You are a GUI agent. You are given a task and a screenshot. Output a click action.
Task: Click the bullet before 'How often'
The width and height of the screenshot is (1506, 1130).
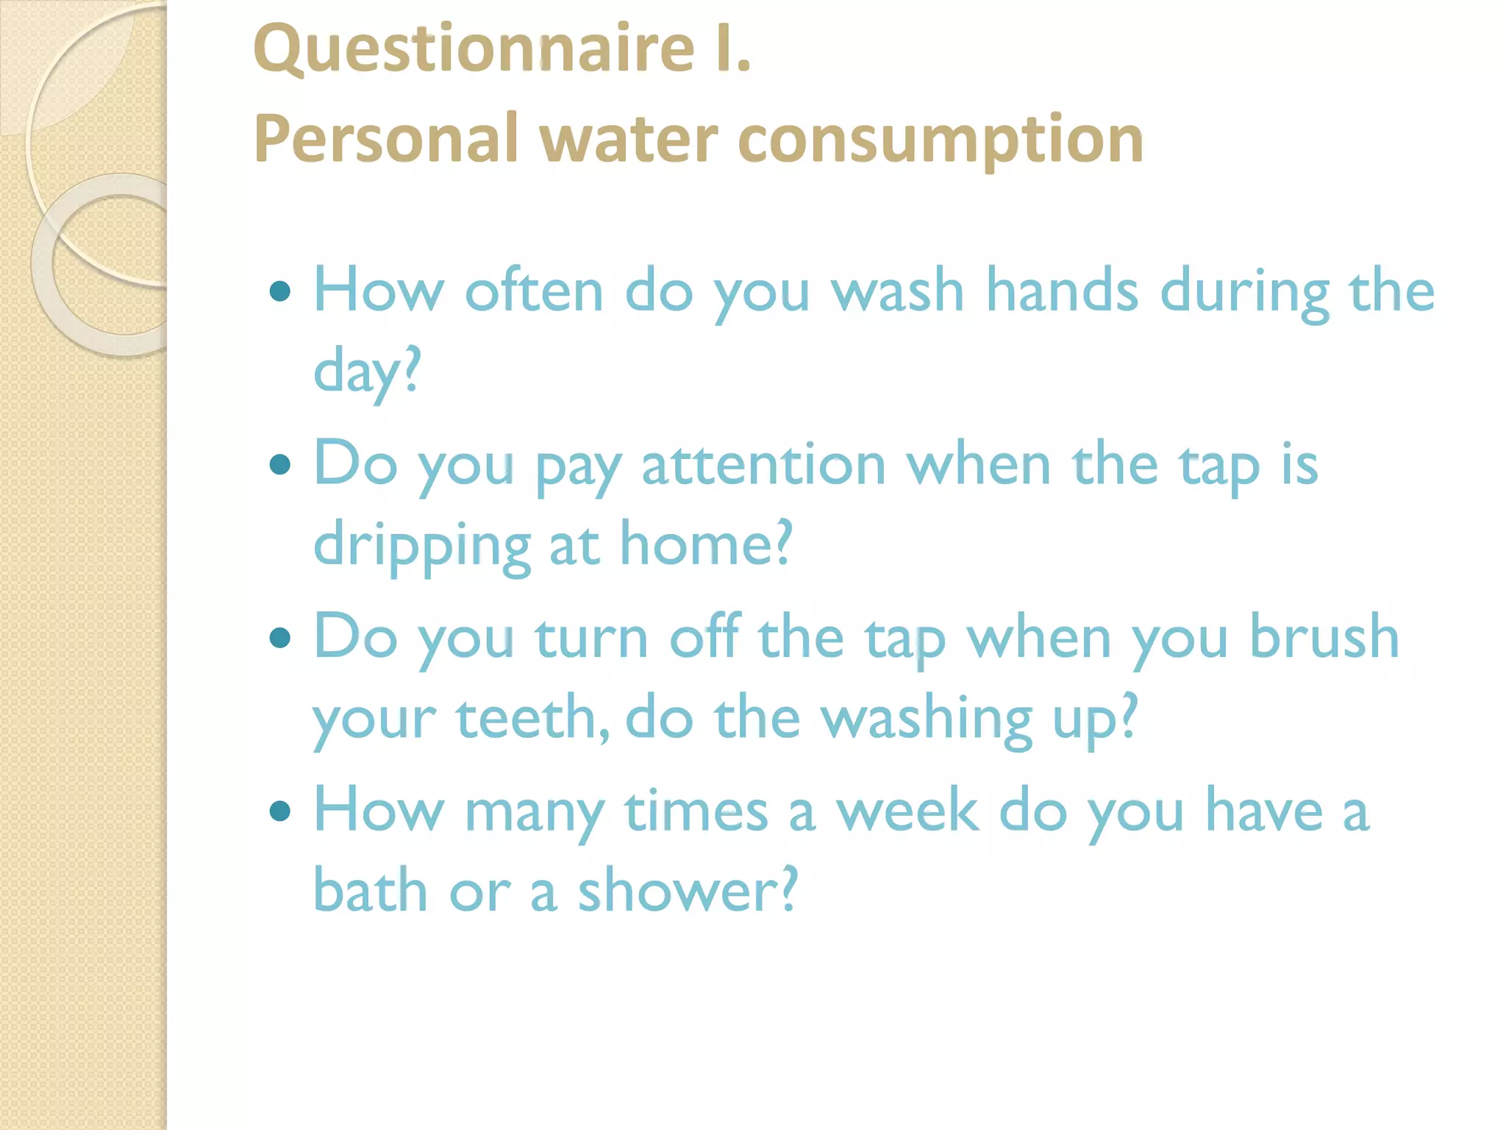[x=280, y=292]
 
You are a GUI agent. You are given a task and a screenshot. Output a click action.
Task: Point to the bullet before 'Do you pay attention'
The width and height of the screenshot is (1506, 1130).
[x=280, y=465]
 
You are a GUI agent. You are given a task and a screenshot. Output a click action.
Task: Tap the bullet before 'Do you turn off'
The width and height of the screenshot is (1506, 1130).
[x=280, y=638]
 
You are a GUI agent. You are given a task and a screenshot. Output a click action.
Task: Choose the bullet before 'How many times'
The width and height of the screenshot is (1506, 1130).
[x=280, y=811]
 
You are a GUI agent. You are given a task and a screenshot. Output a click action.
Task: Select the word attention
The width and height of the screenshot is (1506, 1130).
[x=763, y=465]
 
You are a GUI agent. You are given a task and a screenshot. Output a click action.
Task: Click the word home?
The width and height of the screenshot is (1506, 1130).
[x=706, y=544]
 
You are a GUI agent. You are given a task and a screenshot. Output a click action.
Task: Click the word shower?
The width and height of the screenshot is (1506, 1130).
[x=687, y=891]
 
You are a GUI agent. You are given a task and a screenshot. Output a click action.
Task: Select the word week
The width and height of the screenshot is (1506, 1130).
[x=907, y=811]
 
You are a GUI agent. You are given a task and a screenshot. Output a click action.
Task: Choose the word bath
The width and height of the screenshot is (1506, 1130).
[x=371, y=891]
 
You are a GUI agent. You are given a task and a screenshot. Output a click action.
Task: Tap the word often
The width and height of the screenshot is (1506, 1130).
[x=534, y=291]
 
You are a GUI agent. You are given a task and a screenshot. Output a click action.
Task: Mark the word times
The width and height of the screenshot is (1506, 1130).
[x=696, y=811]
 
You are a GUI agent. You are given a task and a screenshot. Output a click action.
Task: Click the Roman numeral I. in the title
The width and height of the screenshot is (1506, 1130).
[x=732, y=50]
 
